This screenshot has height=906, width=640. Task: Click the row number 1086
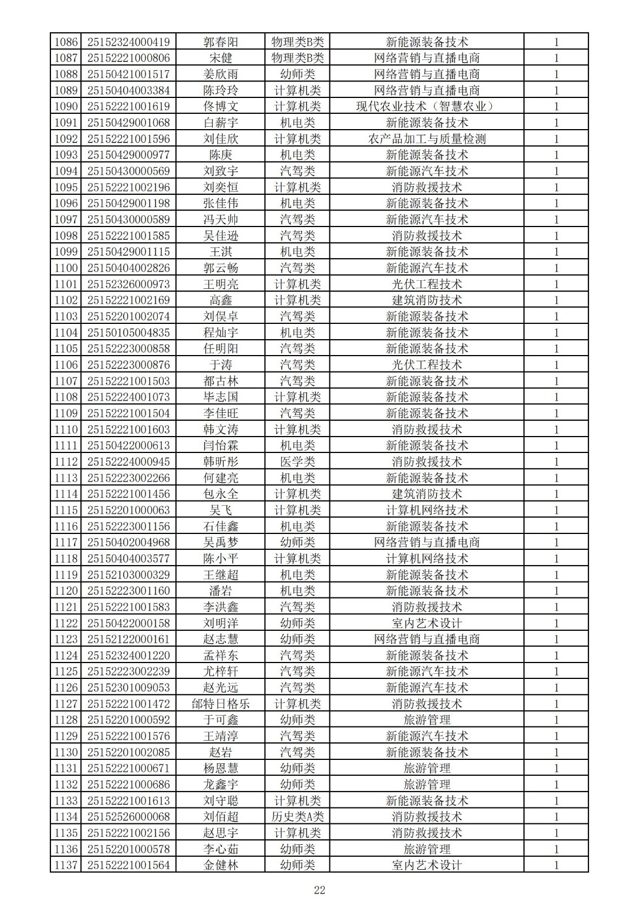66,42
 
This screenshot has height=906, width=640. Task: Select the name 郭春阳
221,42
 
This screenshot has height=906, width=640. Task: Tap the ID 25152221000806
128,58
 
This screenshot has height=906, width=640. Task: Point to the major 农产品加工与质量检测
427,139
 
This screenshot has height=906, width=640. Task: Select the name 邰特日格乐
221,704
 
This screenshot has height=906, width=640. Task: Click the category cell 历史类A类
298,817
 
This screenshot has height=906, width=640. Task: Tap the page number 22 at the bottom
320,890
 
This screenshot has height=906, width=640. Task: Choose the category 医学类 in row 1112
298,461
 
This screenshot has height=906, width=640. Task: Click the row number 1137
66,865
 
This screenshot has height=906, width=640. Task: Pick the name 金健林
221,865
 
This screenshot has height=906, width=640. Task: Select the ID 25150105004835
128,332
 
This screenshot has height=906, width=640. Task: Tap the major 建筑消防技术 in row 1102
427,300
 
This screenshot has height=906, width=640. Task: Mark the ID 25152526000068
128,817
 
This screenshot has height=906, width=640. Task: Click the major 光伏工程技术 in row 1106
427,365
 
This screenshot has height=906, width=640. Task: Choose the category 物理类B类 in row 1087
298,58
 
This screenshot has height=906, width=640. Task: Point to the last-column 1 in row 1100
556,268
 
